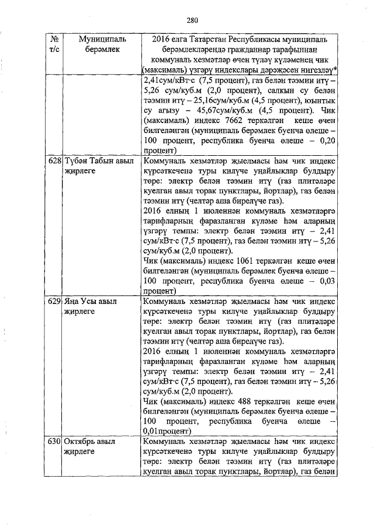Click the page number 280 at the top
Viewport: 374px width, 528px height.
[192, 20]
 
